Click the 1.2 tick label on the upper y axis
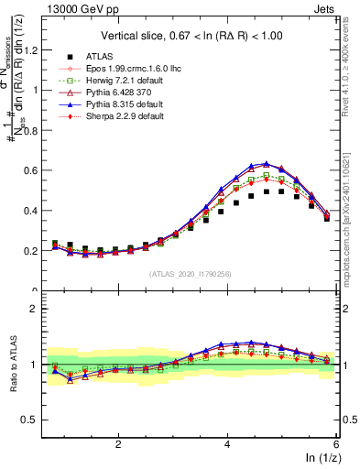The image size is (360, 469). pyautogui.click(x=38, y=50)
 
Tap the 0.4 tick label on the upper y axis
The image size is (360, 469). pyautogui.click(x=38, y=211)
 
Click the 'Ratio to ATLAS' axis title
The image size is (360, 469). pyautogui.click(x=12, y=363)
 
